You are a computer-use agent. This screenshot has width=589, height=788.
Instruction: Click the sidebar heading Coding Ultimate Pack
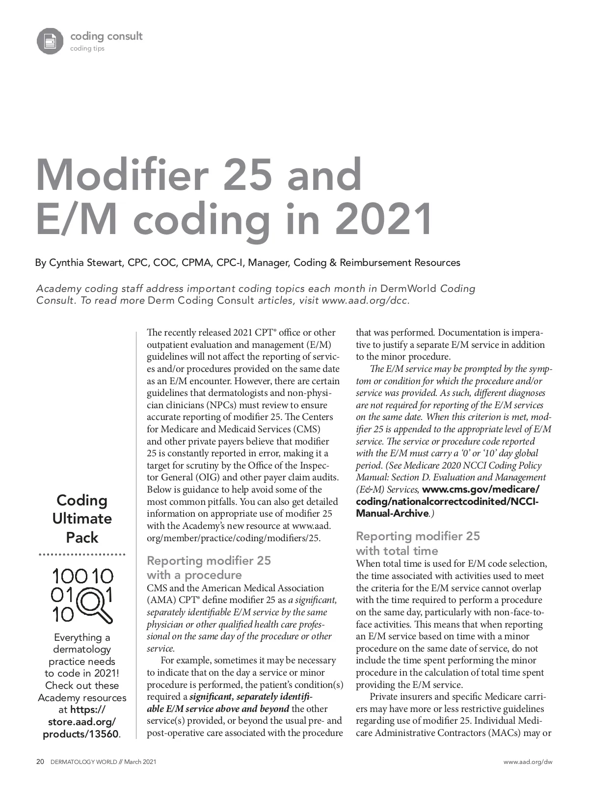tap(82, 519)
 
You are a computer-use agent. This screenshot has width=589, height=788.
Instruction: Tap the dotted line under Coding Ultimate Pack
tap(82, 555)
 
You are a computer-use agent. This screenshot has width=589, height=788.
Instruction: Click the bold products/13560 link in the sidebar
tap(80, 734)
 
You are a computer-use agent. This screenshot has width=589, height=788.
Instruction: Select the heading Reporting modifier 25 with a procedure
tap(209, 568)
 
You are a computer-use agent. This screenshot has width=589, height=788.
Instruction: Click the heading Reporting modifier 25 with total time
tap(417, 543)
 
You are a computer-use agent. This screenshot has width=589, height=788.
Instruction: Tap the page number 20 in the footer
tap(40, 762)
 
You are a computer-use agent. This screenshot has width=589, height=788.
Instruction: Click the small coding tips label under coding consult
tap(87, 49)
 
